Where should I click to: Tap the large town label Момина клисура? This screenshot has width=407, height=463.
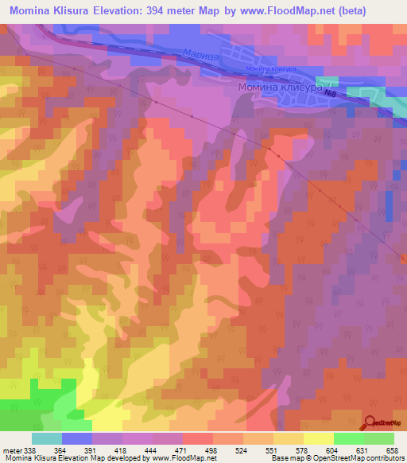[x=280, y=88]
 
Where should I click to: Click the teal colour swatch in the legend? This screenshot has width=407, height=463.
[x=46, y=438]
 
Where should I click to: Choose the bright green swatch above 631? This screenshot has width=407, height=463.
[x=348, y=438]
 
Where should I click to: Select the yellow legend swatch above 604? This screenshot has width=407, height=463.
[x=318, y=438]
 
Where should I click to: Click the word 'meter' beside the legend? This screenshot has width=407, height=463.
[x=13, y=450]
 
